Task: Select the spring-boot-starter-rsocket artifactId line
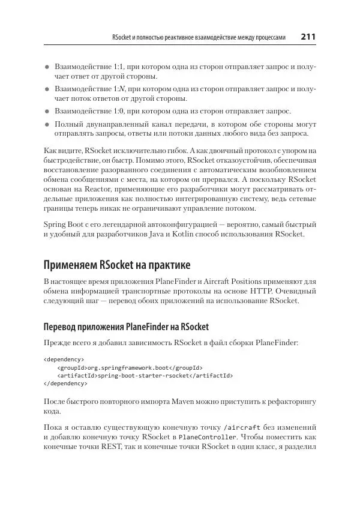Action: pyautogui.click(x=145, y=375)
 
